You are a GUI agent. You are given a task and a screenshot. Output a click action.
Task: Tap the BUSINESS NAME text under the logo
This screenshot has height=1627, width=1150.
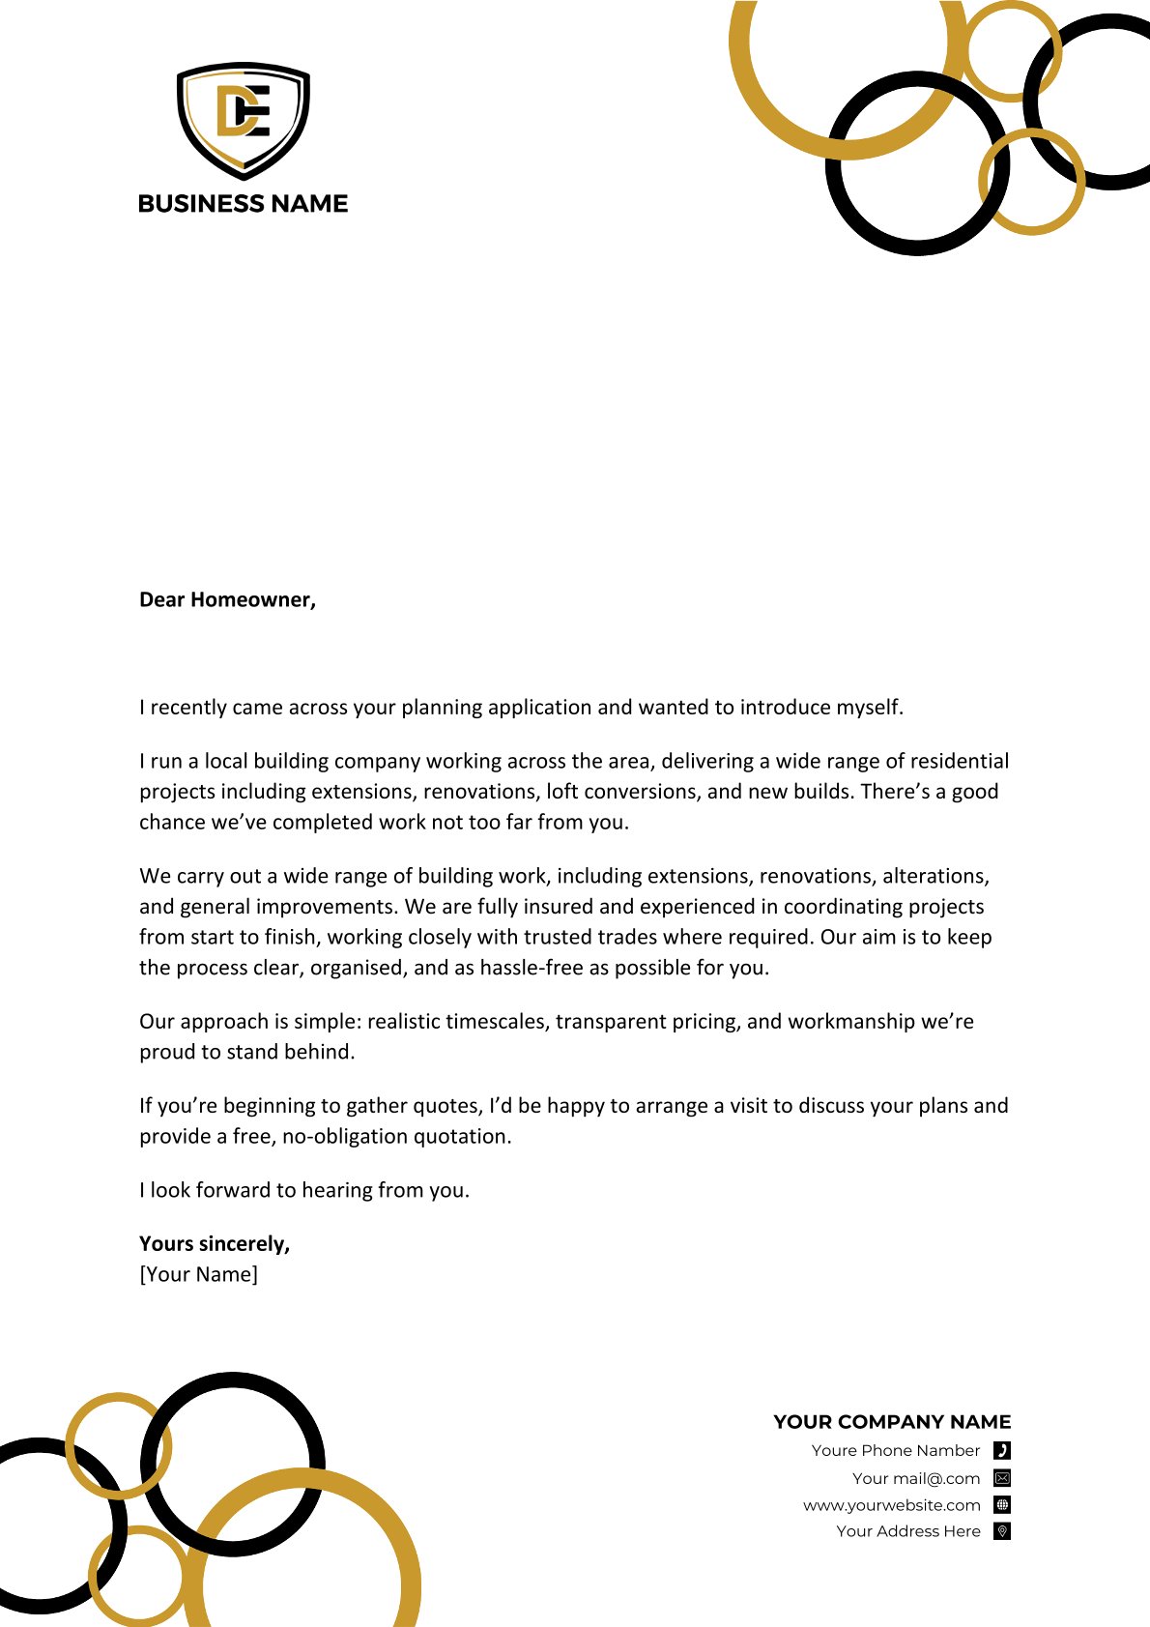click(x=244, y=204)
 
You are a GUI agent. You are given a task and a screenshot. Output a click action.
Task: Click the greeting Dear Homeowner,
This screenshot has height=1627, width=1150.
click(x=228, y=600)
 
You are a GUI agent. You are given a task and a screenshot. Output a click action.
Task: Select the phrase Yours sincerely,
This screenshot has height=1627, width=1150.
click(x=215, y=1244)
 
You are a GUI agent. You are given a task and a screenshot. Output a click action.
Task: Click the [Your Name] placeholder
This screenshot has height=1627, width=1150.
click(x=199, y=1275)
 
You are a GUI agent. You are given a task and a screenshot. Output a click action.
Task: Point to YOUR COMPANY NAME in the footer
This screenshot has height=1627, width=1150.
click(x=892, y=1422)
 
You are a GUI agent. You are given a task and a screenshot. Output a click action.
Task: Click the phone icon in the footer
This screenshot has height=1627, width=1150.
click(x=1002, y=1450)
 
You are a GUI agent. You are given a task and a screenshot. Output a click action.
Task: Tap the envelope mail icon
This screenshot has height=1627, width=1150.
click(x=1002, y=1478)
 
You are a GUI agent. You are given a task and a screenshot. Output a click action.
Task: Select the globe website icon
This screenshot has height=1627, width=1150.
click(x=1002, y=1505)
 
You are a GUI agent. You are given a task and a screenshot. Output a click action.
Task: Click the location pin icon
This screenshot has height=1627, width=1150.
click(x=1002, y=1531)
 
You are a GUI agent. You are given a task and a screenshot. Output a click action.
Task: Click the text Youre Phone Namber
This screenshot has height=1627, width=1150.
click(x=896, y=1450)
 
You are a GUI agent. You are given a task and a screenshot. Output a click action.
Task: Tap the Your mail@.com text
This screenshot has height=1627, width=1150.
click(x=916, y=1478)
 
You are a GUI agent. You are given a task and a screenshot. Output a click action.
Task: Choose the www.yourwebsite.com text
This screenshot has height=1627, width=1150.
click(x=892, y=1505)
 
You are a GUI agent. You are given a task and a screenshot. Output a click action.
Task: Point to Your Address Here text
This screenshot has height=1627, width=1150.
click(x=908, y=1531)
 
